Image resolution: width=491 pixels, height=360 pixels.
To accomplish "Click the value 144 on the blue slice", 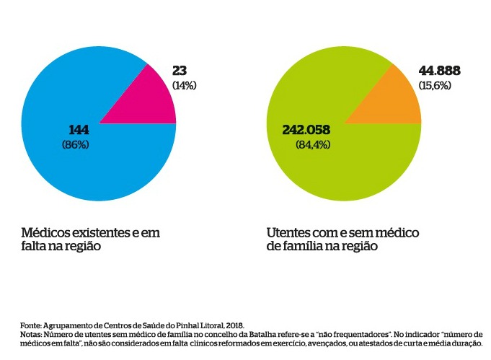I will [79, 130].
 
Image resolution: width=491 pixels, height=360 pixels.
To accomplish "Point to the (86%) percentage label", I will [76, 144].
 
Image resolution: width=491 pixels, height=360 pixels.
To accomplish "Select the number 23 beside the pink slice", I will [180, 71].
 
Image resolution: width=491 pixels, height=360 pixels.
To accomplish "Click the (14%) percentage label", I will [185, 85].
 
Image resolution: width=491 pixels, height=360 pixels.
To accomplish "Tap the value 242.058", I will [306, 130].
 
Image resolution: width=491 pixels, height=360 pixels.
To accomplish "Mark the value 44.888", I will [439, 71].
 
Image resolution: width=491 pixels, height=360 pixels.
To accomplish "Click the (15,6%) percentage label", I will [435, 85].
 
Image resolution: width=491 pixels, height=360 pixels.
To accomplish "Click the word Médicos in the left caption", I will [46, 233].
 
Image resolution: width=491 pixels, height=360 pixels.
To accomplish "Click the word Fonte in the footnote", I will [30, 326].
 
